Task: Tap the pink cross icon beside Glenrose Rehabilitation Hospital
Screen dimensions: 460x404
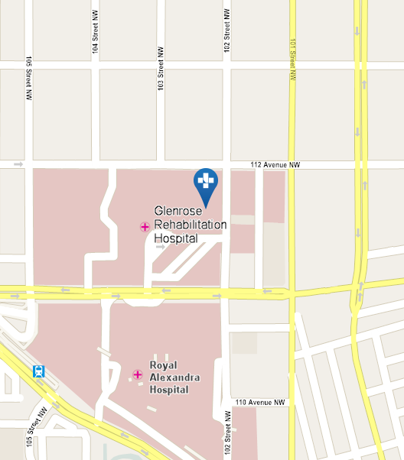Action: [145, 226]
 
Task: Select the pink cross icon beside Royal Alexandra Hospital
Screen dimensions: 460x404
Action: [138, 374]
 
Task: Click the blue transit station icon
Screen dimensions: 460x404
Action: [38, 372]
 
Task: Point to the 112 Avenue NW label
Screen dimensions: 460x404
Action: [276, 164]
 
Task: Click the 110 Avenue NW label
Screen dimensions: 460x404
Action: [260, 402]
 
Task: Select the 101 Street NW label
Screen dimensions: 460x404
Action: [292, 61]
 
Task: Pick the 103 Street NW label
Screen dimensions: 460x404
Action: [161, 76]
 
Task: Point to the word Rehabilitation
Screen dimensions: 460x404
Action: [191, 225]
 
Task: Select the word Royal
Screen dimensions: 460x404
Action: [164, 357]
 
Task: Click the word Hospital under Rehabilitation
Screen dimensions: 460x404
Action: [176, 238]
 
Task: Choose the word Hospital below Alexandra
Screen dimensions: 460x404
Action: [170, 389]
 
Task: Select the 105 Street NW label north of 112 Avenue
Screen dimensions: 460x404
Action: [29, 79]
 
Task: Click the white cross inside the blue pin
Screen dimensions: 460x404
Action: [205, 180]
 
